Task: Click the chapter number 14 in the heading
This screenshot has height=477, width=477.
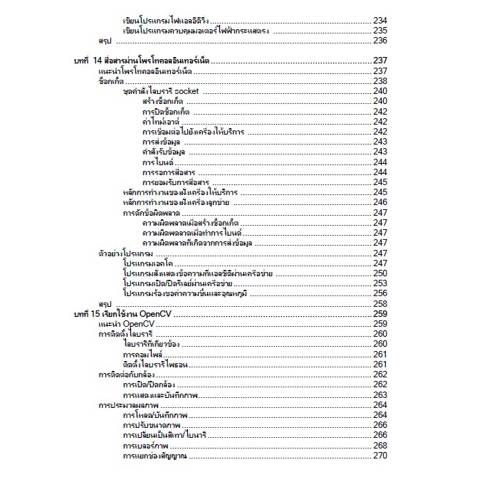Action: (98, 61)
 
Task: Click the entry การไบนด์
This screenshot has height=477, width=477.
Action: (158, 162)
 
